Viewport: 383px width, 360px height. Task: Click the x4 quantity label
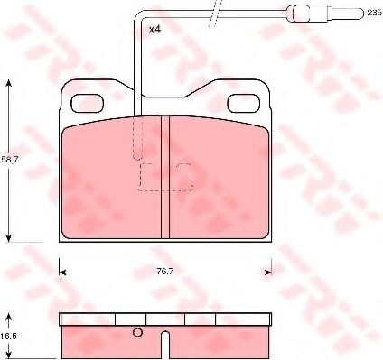click(154, 30)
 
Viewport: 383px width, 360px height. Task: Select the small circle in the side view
click(137, 334)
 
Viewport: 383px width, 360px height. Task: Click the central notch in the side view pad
click(166, 344)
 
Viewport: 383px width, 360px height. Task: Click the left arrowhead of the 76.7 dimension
click(63, 268)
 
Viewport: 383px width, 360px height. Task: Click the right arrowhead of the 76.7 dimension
click(267, 268)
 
